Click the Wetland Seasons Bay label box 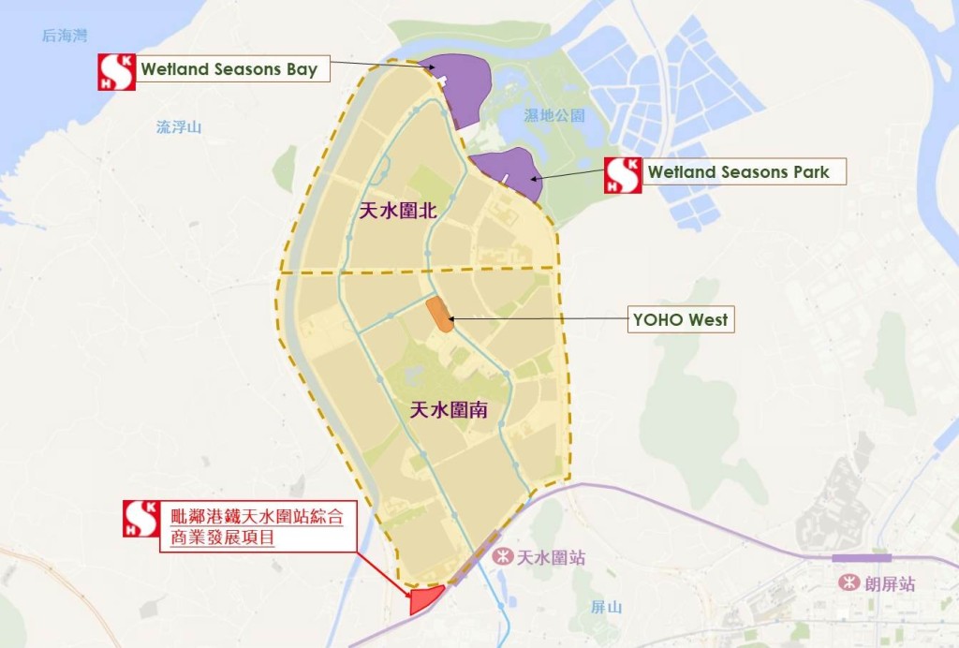point(229,69)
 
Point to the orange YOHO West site point(439,315)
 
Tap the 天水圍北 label point(399,213)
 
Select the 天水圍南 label point(449,410)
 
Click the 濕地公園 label point(554,116)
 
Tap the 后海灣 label point(65,36)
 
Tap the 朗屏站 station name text point(891,583)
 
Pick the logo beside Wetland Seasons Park point(623,175)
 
